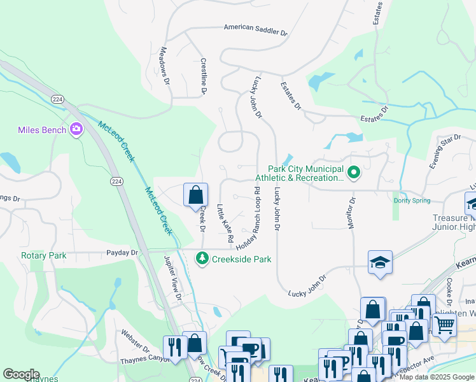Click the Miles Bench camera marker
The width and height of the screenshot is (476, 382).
[x=77, y=130]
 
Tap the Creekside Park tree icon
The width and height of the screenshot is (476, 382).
[x=202, y=258]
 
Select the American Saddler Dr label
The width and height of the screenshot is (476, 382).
[x=255, y=29]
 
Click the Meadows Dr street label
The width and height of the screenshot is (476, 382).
[x=165, y=65]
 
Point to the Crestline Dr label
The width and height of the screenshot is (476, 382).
[x=204, y=76]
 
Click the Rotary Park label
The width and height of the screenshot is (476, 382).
[x=44, y=255]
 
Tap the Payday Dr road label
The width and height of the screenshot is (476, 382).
[x=125, y=253]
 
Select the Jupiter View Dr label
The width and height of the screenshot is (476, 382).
[x=172, y=278]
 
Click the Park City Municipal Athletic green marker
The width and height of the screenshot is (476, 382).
[x=353, y=171]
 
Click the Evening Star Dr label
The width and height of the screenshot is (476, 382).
[x=444, y=152]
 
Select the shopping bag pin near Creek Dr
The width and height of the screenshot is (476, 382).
[x=195, y=195]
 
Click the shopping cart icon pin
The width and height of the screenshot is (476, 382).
[x=444, y=324]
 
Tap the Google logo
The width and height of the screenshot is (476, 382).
[x=22, y=374]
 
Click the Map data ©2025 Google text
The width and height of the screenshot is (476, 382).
[x=436, y=377]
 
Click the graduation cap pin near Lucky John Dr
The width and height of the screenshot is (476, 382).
[x=380, y=262]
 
